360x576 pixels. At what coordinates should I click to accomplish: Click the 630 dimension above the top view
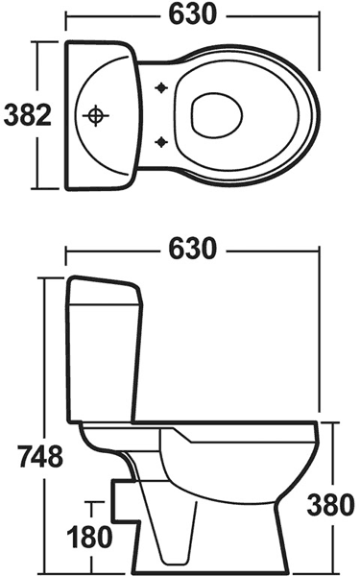click(193, 15)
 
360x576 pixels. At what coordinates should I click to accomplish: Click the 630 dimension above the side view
click(193, 249)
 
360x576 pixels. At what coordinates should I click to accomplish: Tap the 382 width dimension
click(28, 115)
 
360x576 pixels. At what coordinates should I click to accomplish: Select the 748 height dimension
click(40, 457)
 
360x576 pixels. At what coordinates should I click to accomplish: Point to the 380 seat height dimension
click(331, 504)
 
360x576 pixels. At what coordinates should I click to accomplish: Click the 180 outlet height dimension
click(90, 537)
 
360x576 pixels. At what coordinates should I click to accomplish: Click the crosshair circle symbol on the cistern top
click(95, 116)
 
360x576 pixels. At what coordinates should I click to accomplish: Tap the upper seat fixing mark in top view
click(160, 87)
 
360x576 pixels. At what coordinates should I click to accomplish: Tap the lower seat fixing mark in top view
click(160, 141)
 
